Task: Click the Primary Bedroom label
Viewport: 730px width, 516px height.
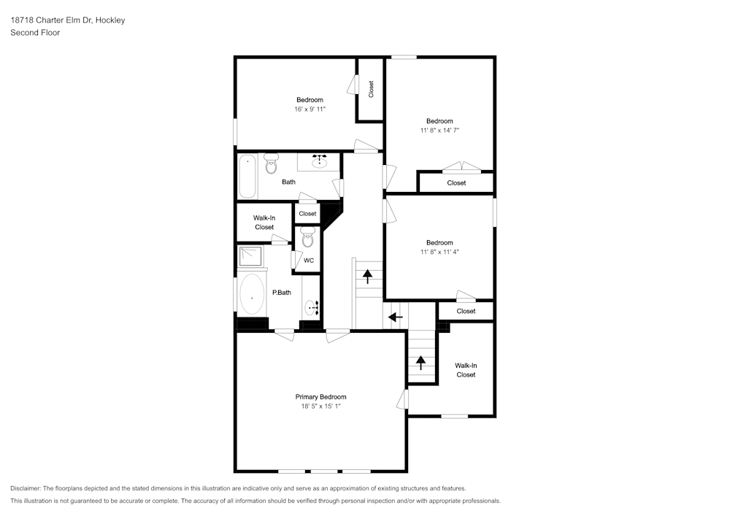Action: (x=320, y=397)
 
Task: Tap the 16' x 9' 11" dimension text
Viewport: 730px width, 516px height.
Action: (x=310, y=109)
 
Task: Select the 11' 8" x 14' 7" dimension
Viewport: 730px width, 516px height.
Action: (x=439, y=131)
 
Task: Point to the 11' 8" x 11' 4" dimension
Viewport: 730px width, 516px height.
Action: (x=439, y=253)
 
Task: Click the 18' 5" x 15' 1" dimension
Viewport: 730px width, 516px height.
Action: (x=320, y=407)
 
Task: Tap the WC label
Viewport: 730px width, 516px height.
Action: (x=309, y=261)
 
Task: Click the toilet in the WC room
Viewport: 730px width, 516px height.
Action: (x=308, y=237)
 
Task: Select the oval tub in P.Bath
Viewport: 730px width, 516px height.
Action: (x=252, y=293)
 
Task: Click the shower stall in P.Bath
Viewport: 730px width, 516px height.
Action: (x=250, y=256)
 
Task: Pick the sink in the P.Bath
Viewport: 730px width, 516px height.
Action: (x=312, y=307)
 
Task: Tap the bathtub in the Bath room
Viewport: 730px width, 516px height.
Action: (x=247, y=177)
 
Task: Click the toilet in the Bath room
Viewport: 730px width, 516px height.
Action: (x=271, y=163)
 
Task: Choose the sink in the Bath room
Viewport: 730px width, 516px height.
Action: (x=320, y=161)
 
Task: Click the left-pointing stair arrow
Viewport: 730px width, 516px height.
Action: (x=395, y=317)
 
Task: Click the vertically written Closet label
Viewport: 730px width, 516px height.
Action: (x=371, y=89)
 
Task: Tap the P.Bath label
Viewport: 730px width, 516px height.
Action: (x=282, y=293)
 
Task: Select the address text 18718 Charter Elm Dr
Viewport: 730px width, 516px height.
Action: (x=51, y=20)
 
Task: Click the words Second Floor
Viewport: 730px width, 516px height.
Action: (x=35, y=33)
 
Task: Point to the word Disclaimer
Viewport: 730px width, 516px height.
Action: (x=26, y=488)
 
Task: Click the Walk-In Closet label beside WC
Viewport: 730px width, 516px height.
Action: (x=264, y=223)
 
